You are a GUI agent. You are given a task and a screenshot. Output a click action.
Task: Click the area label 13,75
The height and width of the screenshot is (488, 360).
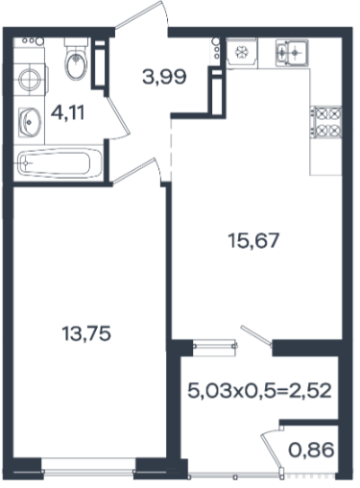pyautogui.click(x=86, y=333)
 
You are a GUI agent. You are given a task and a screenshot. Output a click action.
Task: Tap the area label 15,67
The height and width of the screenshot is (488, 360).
pyautogui.click(x=253, y=240)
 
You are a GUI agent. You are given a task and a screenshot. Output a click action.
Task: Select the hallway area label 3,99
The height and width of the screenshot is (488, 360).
pyautogui.click(x=164, y=77)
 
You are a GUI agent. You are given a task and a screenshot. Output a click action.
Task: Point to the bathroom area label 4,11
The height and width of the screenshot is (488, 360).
pyautogui.click(x=68, y=112)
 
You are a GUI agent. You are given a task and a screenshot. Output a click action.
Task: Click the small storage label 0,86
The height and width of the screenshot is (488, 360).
pyautogui.click(x=311, y=450)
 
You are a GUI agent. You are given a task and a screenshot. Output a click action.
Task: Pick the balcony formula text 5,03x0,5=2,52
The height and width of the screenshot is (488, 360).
pyautogui.click(x=259, y=391)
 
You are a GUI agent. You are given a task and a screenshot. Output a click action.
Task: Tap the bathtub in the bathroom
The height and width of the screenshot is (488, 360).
pyautogui.click(x=60, y=163)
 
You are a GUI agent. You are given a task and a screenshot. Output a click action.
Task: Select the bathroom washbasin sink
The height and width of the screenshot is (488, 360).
pyautogui.click(x=30, y=122)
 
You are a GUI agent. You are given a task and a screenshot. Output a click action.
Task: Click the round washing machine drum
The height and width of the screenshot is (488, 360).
pyautogui.click(x=30, y=79)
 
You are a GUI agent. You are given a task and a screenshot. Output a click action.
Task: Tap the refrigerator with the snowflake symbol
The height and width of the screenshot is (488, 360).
pyautogui.click(x=242, y=53)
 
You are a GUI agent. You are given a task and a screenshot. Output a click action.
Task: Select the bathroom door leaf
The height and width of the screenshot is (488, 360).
pyautogui.click(x=118, y=118)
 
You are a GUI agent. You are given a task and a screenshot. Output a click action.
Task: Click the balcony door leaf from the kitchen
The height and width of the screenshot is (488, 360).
pyautogui.click(x=256, y=336)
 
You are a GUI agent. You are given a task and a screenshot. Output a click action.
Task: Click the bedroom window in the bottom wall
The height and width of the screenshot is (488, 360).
pyautogui.click(x=88, y=470)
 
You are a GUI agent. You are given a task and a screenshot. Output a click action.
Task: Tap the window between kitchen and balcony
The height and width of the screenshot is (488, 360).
pyautogui.click(x=215, y=345)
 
